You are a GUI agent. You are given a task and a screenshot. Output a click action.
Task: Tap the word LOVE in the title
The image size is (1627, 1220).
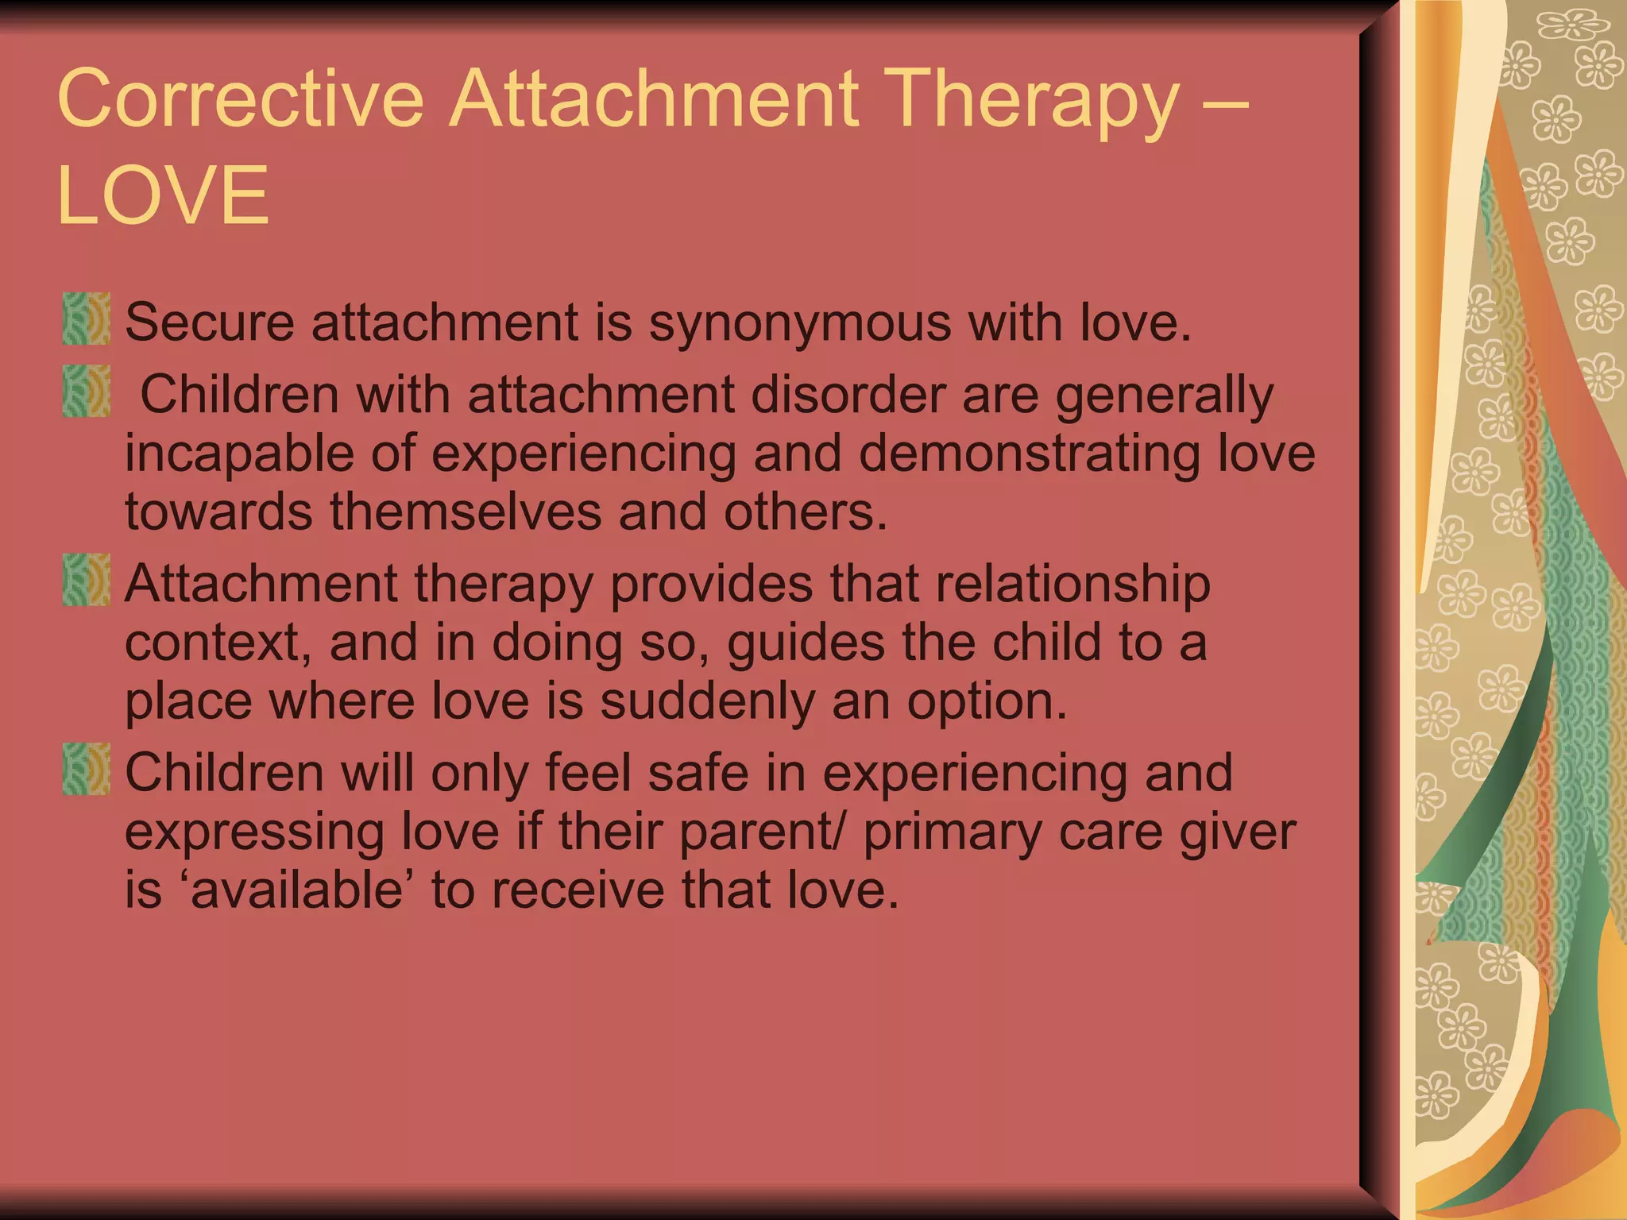(164, 195)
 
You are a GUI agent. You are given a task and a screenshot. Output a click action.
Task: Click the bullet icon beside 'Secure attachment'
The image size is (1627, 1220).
(86, 319)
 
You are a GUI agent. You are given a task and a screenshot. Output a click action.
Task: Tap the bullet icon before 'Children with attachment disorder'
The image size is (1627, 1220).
(86, 391)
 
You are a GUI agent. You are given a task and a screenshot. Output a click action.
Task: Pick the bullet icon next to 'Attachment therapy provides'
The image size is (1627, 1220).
(86, 580)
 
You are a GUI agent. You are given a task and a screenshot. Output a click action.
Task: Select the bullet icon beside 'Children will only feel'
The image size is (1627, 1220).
(86, 769)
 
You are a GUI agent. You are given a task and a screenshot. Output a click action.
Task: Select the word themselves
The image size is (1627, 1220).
(466, 512)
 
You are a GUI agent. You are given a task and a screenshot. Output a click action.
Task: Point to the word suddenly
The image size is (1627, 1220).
(706, 702)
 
